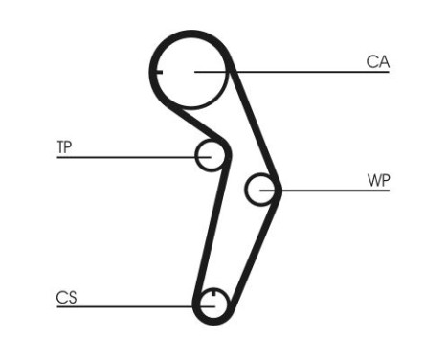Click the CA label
click(377, 62)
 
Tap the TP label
click(64, 146)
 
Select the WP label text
click(378, 180)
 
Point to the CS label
click(66, 298)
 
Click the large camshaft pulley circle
click(191, 72)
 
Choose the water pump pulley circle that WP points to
click(258, 190)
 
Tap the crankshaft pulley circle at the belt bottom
click(212, 305)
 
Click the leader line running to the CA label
click(306, 72)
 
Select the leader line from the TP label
click(124, 156)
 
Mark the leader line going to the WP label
click(335, 191)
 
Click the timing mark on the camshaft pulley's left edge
click(157, 72)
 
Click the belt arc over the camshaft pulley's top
click(191, 34)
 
